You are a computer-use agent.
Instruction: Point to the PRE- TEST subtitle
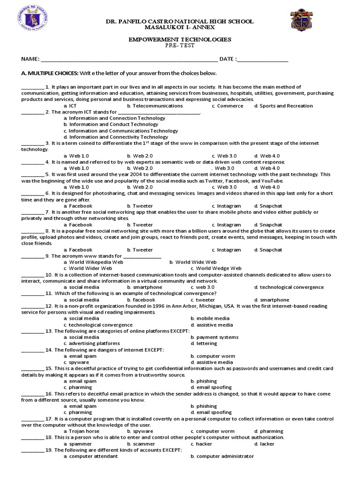click(180, 46)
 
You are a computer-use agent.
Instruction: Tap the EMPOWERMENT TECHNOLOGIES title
click(180, 40)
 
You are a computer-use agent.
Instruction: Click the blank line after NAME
click(129, 60)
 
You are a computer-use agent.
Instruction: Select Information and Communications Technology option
click(121, 131)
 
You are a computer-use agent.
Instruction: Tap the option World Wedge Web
click(215, 269)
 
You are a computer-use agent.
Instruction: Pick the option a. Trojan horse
click(82, 431)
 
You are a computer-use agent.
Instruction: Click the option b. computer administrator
click(222, 456)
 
